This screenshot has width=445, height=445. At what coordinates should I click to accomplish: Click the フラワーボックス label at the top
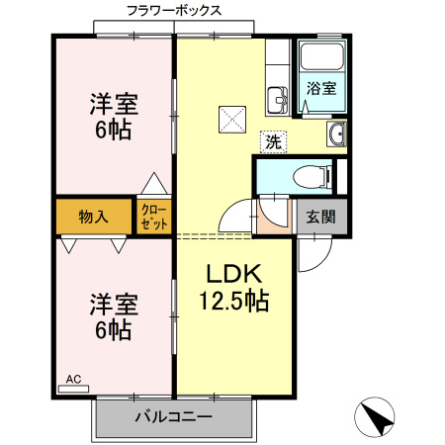click(x=174, y=10)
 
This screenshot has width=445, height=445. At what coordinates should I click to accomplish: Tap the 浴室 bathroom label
click(x=320, y=88)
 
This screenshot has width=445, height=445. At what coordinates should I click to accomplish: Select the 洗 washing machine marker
click(x=273, y=140)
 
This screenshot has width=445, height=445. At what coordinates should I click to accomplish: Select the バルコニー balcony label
click(x=173, y=417)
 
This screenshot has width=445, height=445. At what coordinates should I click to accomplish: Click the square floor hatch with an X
click(x=234, y=119)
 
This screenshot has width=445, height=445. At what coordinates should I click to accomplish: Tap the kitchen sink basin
click(x=274, y=98)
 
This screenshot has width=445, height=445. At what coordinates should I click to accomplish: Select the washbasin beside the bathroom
click(x=337, y=134)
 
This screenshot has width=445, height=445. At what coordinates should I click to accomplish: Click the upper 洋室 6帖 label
click(x=113, y=117)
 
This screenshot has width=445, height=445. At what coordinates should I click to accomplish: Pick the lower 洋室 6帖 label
click(x=113, y=316)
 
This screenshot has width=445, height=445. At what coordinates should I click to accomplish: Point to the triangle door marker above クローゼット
click(x=152, y=184)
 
